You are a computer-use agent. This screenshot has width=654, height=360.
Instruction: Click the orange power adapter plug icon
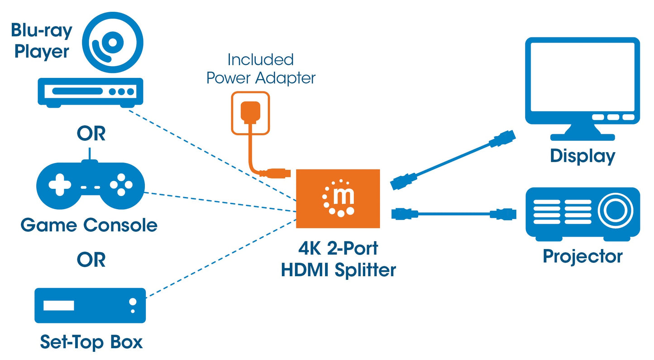250,113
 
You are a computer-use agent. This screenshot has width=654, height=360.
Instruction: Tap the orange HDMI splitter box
338,199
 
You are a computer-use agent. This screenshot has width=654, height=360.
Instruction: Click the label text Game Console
89,225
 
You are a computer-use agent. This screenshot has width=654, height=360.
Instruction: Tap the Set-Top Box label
91,342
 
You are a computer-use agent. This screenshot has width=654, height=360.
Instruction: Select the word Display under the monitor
582,156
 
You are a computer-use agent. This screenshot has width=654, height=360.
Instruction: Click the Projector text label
582,256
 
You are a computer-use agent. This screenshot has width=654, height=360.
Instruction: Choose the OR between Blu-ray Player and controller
91,134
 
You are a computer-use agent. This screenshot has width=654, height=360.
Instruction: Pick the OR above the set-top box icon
91,259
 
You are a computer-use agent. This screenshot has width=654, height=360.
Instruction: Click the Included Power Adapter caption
261,69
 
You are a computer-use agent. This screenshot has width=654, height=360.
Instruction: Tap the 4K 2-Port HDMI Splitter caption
338,259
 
